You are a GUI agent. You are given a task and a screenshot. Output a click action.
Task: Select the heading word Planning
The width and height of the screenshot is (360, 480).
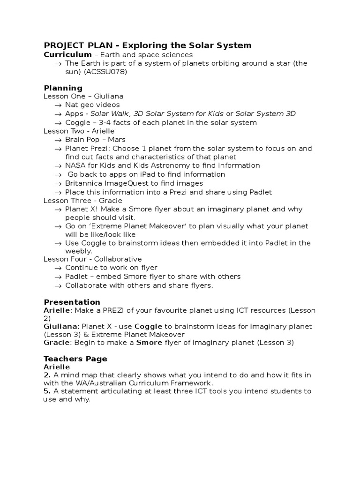click(63, 88)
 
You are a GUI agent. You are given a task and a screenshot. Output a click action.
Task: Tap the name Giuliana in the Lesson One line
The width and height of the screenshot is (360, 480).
click(109, 97)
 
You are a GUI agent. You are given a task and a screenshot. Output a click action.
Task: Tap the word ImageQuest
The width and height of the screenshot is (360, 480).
click(126, 183)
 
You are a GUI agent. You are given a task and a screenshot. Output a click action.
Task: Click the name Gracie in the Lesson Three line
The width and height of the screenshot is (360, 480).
click(111, 201)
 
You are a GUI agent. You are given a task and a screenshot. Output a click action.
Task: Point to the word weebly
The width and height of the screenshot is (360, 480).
click(78, 251)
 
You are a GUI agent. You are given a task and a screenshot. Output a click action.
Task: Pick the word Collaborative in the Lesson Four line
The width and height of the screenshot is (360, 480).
click(120, 259)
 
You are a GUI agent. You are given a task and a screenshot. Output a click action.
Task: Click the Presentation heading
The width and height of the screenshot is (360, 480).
click(72, 302)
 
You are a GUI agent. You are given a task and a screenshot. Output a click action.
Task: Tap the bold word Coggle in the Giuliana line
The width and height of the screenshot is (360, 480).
click(149, 326)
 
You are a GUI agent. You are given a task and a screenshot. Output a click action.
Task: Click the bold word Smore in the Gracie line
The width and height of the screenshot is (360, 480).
click(149, 343)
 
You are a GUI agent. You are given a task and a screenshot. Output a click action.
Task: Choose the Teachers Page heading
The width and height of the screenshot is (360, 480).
click(75, 359)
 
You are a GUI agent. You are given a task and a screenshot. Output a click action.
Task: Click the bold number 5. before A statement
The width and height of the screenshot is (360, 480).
click(46, 391)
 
